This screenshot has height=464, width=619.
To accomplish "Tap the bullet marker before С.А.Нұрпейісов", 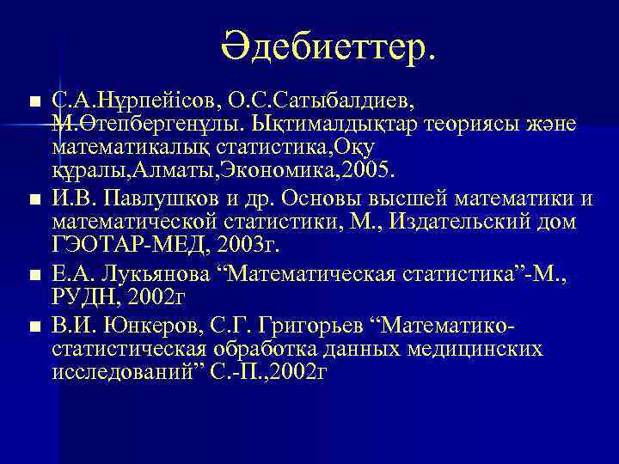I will (x=34, y=102).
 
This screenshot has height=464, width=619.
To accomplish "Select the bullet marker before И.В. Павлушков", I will (x=34, y=201).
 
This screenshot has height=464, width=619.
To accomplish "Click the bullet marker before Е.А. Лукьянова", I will (x=34, y=275).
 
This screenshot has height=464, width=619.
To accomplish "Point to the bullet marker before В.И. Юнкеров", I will (x=34, y=326).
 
